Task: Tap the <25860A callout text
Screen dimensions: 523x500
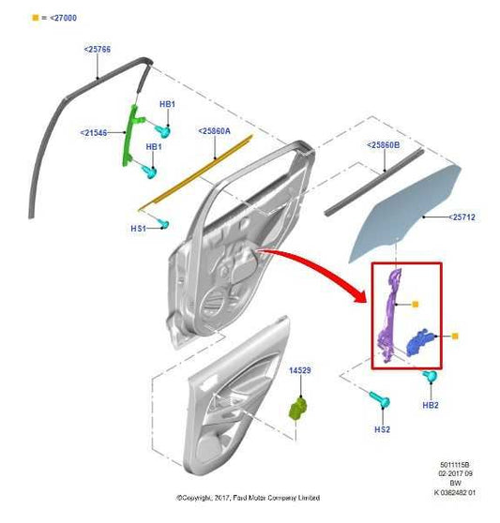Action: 216,131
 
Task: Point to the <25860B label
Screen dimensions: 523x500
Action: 384,144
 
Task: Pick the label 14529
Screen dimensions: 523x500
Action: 299,371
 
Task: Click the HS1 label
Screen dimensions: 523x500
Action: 137,228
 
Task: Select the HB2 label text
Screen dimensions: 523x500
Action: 431,404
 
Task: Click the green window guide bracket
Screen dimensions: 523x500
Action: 131,137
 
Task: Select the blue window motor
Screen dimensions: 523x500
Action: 423,344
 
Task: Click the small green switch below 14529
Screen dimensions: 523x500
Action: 299,410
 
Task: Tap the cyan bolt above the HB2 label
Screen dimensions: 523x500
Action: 432,379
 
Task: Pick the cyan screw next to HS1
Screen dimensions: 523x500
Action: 163,223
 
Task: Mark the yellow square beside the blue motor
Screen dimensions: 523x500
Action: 455,336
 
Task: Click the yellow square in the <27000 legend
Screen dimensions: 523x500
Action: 35,18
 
